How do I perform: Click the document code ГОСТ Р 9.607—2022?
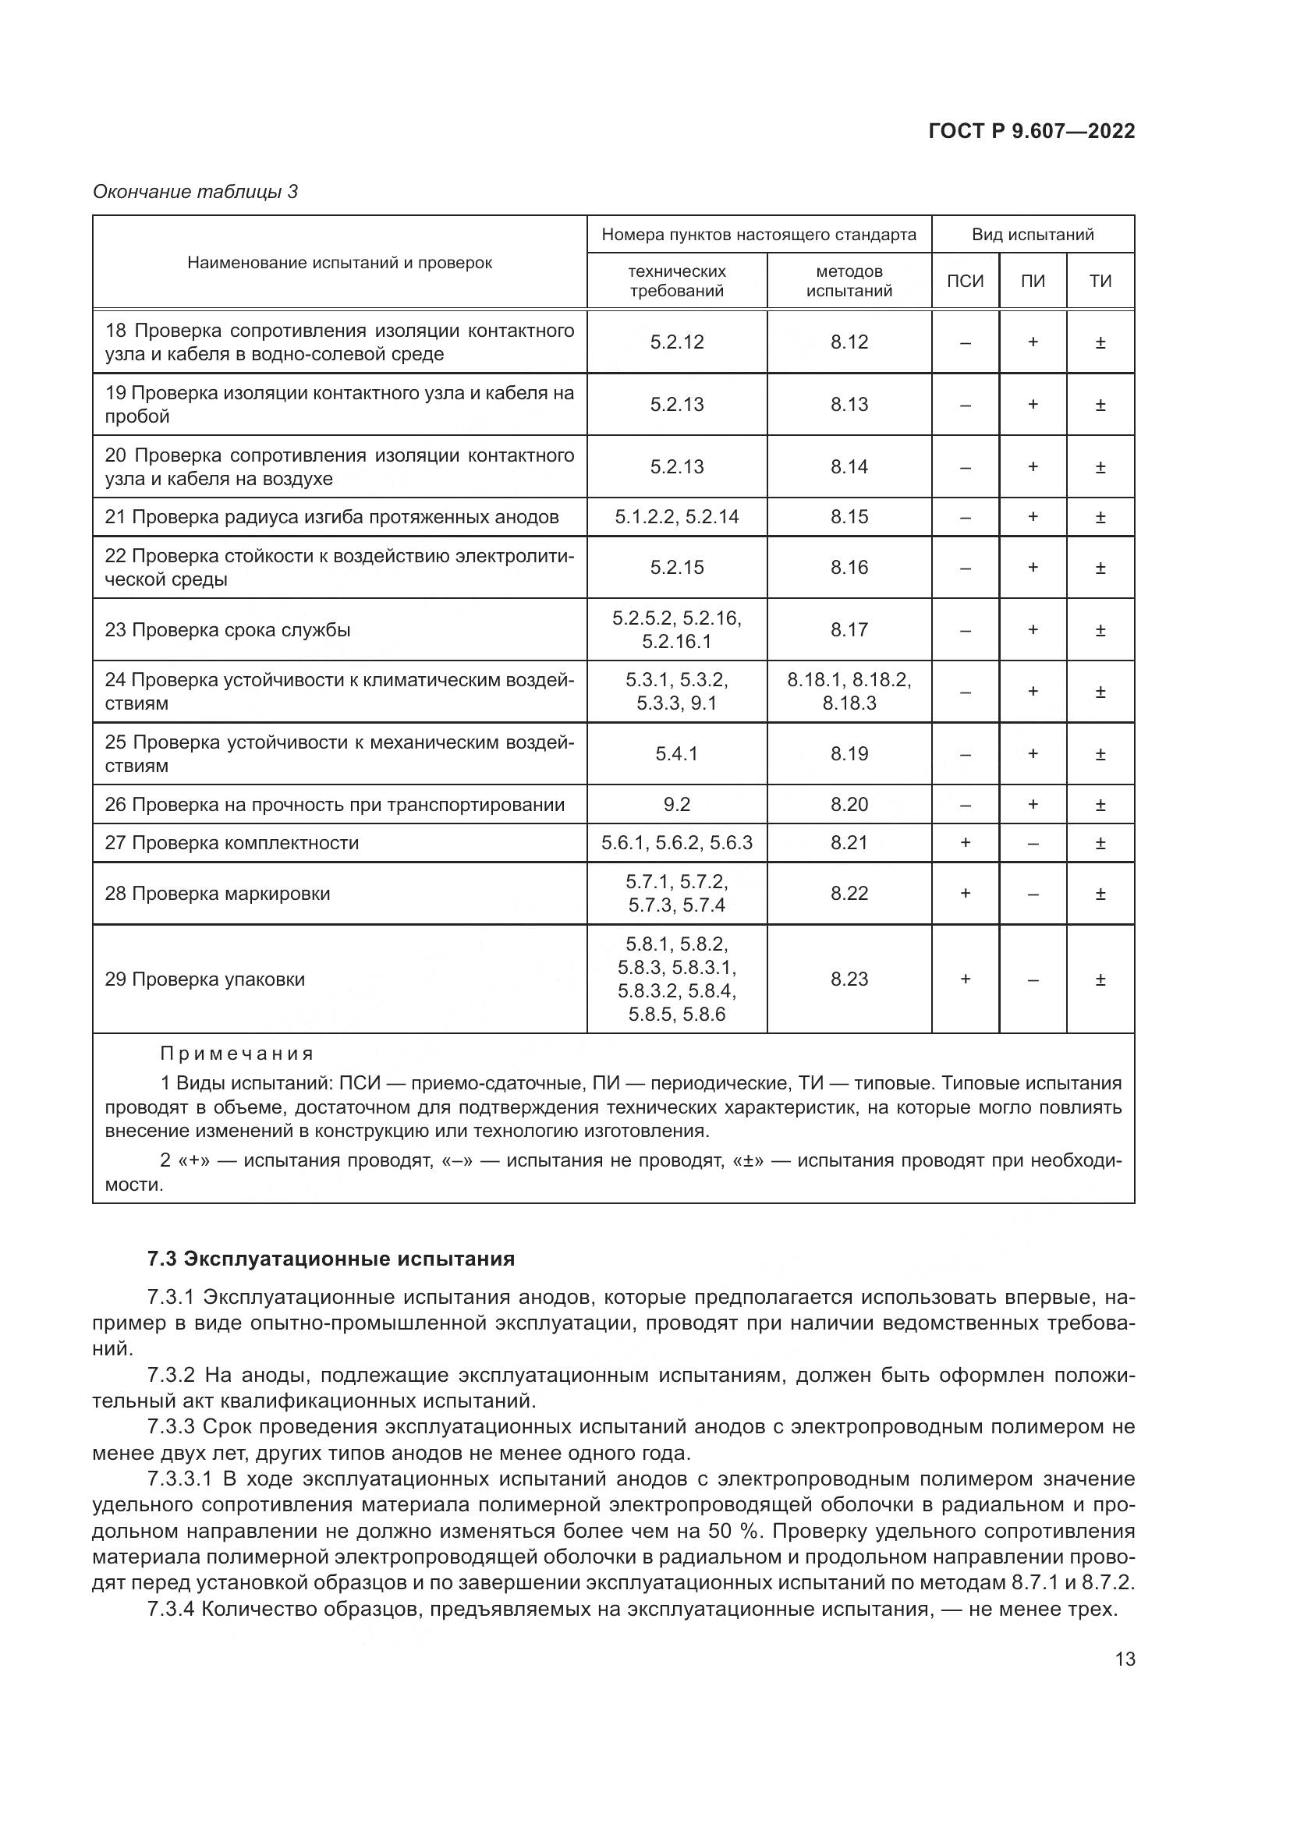(1031, 131)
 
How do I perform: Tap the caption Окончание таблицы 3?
(196, 192)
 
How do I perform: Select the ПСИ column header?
(965, 282)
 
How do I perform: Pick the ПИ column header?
(1033, 282)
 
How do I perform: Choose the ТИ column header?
(1100, 282)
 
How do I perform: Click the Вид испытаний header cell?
(1033, 235)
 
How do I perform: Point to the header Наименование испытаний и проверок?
(339, 263)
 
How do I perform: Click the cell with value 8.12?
(849, 342)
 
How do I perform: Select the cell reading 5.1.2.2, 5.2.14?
(677, 517)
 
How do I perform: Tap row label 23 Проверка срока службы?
(228, 630)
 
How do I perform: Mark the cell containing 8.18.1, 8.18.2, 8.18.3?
(849, 691)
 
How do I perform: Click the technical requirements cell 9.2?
(677, 805)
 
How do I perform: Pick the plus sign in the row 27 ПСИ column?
(965, 843)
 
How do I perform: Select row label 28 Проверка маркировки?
(218, 894)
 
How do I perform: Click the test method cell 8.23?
(849, 979)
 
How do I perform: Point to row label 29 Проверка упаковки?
(205, 979)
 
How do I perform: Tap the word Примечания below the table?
(237, 1054)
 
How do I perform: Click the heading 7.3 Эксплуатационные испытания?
(331, 1259)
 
